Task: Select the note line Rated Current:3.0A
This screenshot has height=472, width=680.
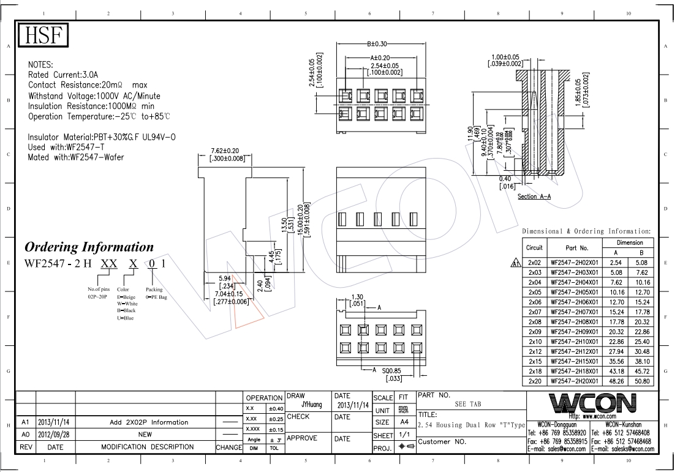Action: coord(64,75)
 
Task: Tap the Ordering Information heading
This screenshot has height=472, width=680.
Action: coord(89,247)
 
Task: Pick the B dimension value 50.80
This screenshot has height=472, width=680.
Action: coord(641,381)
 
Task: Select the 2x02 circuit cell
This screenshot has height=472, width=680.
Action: coord(535,262)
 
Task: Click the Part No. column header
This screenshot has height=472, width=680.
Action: coord(576,248)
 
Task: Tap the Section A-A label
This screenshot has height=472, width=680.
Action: coord(534,197)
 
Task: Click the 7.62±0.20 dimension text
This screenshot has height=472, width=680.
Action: coord(225,151)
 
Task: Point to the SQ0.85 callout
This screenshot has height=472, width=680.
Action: coord(391,370)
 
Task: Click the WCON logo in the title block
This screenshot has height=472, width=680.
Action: coord(592,403)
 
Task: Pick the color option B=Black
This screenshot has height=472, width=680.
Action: coord(126,310)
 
